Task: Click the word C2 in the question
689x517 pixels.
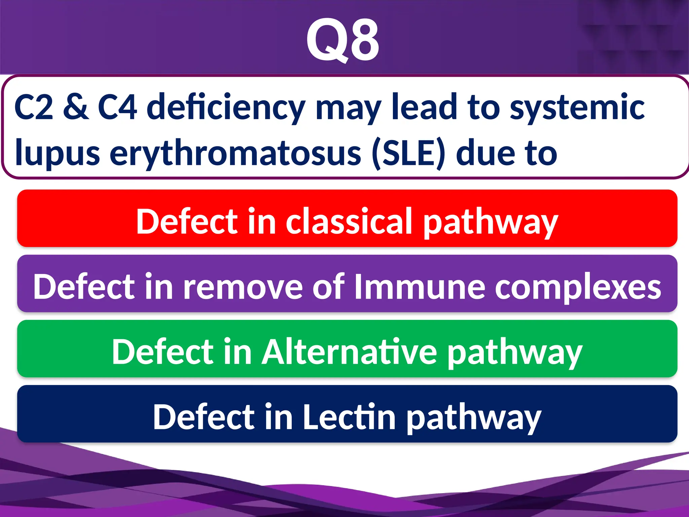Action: pos(34,107)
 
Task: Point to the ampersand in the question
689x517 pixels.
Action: pos(76,107)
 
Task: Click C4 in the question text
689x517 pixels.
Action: pos(117,107)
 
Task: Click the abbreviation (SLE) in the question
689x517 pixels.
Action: pos(409,153)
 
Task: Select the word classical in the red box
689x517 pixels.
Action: pos(349,221)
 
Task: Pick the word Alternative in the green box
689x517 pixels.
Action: pos(350,352)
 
